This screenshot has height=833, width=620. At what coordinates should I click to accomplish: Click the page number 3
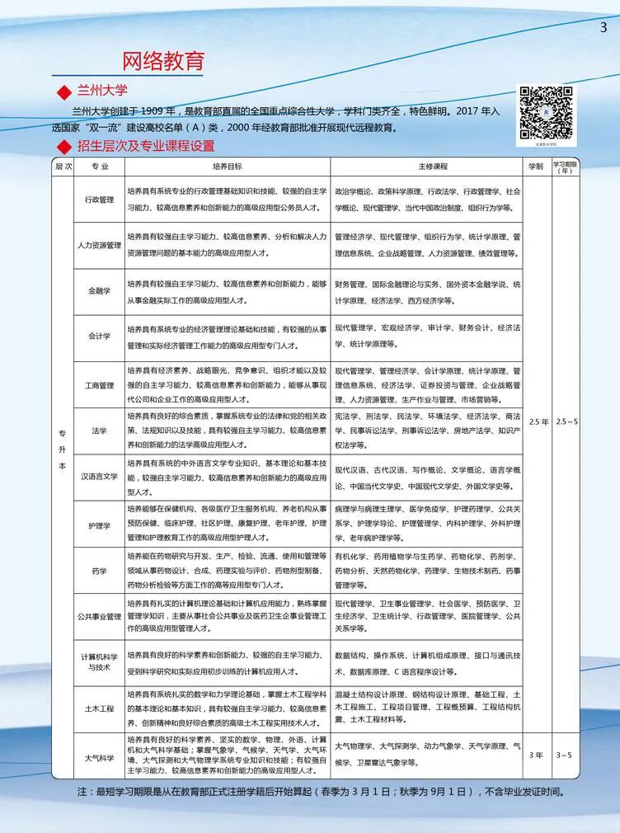pyautogui.click(x=603, y=27)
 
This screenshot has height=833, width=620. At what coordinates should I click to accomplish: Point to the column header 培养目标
pyautogui.click(x=227, y=166)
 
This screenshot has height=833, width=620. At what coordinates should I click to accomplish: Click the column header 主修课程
pyautogui.click(x=427, y=166)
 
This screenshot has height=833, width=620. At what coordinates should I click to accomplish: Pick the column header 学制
pyautogui.click(x=536, y=166)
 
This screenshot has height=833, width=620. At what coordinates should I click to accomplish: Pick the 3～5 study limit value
pyautogui.click(x=566, y=755)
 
